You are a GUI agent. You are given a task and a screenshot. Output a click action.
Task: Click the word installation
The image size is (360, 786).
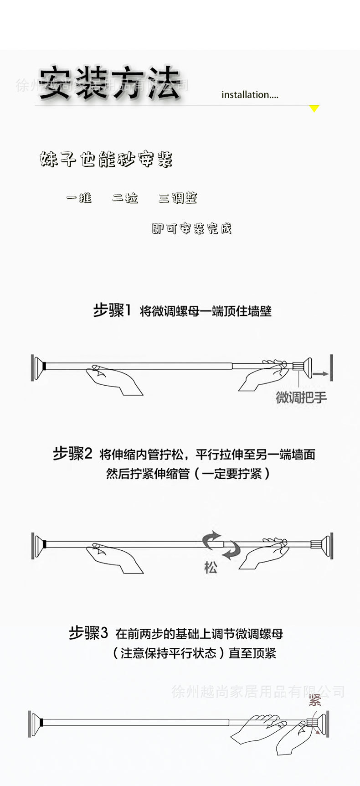point(249,95)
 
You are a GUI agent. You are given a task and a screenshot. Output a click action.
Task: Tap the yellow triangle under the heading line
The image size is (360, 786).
point(314,109)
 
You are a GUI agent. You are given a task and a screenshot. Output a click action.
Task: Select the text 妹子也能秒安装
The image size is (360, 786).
point(106,159)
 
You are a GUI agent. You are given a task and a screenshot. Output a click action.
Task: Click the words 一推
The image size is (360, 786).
point(79,197)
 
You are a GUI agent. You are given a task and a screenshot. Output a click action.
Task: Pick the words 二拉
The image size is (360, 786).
point(125,198)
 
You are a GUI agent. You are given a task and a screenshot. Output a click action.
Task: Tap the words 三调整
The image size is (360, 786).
point(178,198)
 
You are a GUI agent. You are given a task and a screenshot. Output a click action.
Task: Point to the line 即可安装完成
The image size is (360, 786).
point(191,228)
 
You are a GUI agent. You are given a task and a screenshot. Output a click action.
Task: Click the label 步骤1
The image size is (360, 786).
point(112,310)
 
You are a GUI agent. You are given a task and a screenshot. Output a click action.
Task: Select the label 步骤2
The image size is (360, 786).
point(72,454)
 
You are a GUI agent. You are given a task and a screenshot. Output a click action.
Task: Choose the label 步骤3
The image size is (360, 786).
point(88,633)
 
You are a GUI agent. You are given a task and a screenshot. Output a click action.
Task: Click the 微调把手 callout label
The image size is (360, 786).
point(301,397)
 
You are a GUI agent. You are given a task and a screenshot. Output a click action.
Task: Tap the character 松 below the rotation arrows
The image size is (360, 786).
point(211,568)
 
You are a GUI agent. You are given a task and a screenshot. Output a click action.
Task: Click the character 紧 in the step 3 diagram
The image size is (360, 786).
point(315,700)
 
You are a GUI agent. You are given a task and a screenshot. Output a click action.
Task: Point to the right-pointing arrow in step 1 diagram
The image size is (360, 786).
point(321,374)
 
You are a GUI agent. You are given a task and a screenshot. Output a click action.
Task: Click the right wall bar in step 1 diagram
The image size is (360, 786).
point(331,367)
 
